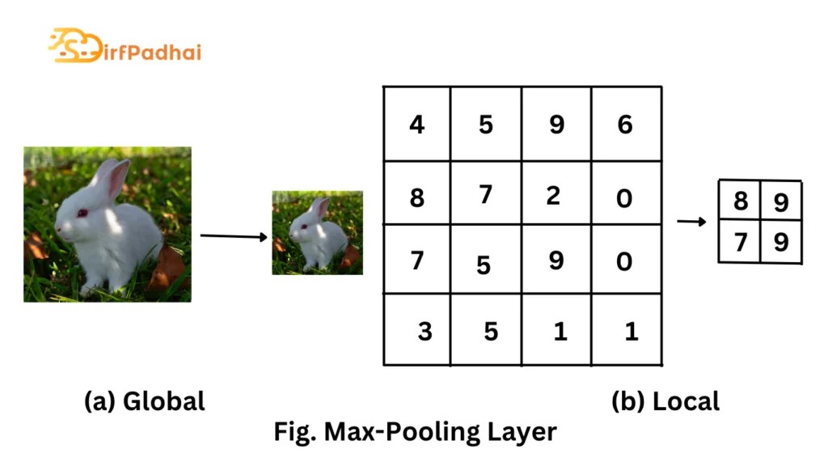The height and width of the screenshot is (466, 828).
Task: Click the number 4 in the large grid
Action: [x=416, y=125]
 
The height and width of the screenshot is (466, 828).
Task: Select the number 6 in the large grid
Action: [x=624, y=125]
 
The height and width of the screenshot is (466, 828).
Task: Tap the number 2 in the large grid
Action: [x=553, y=195]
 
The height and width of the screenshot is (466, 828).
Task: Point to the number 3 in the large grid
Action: [x=425, y=332]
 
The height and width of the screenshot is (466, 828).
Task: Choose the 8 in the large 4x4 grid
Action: [x=416, y=197]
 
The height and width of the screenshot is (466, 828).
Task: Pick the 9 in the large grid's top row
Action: [x=556, y=125]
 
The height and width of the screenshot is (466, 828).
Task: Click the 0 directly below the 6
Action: [x=624, y=197]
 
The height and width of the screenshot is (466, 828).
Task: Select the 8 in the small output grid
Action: [x=740, y=201]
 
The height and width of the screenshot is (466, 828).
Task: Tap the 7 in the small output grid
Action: [x=740, y=241]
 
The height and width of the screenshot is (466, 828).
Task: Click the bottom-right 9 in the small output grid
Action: [x=780, y=242]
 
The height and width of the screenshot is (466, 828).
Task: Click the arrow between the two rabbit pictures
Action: [x=233, y=236]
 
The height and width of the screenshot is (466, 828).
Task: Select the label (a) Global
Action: [x=145, y=401]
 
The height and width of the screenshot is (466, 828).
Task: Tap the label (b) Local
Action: [x=665, y=401]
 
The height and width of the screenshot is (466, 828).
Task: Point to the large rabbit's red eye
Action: [x=82, y=213]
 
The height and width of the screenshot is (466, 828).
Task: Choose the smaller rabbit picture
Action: [x=317, y=232]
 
